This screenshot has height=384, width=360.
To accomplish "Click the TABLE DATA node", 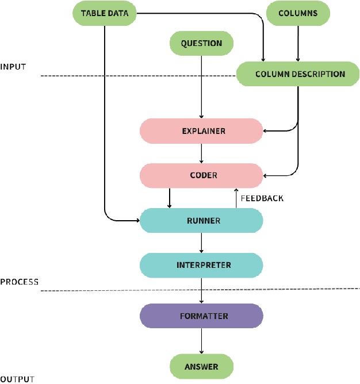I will [x=104, y=13].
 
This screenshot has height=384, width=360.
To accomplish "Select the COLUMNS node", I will [x=298, y=13].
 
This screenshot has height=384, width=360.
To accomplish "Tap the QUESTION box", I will [x=201, y=43].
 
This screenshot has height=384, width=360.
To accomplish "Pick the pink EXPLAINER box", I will [x=201, y=131].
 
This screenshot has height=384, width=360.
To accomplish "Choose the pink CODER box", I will [x=201, y=175].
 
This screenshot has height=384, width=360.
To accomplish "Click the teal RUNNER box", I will [x=201, y=221].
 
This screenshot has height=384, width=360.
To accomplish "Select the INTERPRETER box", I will [x=201, y=265].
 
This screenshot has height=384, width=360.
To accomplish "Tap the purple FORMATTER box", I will [x=201, y=316].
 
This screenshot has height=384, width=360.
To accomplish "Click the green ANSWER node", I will [x=201, y=367].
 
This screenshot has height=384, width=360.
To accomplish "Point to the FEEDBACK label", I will [x=262, y=198].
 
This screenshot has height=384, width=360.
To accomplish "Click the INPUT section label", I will [x=13, y=67].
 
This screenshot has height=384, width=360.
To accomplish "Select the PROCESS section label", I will [x=19, y=282].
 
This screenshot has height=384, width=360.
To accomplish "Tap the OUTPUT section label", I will [x=17, y=379].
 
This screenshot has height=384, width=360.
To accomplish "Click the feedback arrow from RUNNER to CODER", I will [x=236, y=198].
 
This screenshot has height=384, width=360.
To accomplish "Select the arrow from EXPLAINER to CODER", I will [x=201, y=153].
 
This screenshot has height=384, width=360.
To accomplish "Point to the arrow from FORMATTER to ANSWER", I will [x=201, y=341].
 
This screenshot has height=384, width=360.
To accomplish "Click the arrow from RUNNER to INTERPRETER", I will [x=201, y=243].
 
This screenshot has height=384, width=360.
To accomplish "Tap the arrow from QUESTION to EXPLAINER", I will [x=201, y=86].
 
